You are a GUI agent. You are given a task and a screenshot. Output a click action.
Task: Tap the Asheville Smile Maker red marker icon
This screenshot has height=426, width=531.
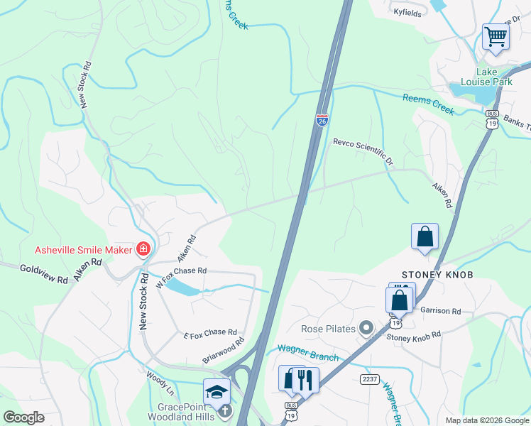coord(143,249)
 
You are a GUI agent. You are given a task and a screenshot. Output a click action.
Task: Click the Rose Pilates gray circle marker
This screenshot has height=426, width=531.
coord(366,328)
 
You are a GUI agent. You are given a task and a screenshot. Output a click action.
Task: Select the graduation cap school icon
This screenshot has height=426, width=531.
coord(217,391)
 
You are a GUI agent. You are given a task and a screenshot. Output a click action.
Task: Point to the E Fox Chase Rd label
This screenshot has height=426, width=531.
coord(209,332)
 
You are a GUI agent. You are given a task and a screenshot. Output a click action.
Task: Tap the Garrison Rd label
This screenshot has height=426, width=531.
coord(440,311)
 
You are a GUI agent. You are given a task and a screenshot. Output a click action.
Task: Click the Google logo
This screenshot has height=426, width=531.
coord(24,417)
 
